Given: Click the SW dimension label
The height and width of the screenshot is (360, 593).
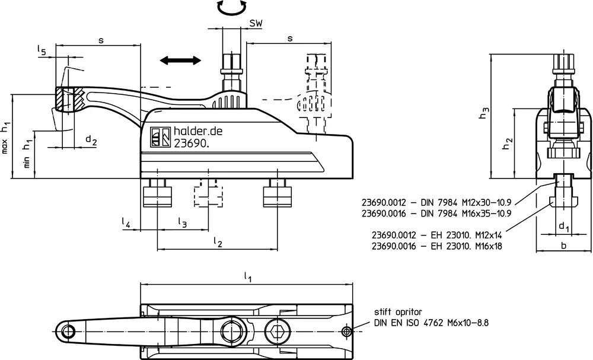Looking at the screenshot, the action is click(x=256, y=23).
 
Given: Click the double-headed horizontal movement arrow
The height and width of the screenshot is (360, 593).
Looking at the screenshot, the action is click(x=180, y=60).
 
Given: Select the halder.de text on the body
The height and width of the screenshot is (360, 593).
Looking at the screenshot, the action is click(x=198, y=131).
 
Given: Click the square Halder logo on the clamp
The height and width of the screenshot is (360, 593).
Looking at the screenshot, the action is click(x=160, y=136).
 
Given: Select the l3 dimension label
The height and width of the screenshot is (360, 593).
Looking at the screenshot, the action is click(x=182, y=223).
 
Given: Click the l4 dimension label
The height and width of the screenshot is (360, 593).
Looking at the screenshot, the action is click(x=126, y=223).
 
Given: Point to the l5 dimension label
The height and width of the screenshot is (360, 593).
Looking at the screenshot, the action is click(x=42, y=50).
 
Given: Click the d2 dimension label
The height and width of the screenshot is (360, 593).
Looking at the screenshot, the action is click(x=91, y=141).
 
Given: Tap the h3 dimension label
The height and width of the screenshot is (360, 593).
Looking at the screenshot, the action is click(x=484, y=113).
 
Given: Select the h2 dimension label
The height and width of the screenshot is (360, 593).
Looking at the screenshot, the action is click(x=507, y=143).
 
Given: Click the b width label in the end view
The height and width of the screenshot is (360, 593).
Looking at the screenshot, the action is click(x=563, y=246).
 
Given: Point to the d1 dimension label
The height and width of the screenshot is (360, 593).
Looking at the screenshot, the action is click(x=564, y=227).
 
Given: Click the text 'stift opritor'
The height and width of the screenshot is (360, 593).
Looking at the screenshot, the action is click(x=398, y=313).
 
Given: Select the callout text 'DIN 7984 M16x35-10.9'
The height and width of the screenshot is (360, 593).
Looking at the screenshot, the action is click(x=461, y=214).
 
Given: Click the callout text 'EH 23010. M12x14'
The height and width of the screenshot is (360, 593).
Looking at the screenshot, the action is click(x=467, y=235).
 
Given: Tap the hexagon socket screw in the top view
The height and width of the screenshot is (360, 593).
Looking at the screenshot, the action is click(x=278, y=332).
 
